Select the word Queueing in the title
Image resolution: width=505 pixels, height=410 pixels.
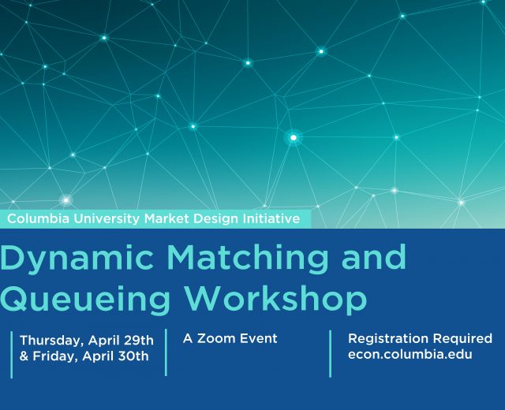pos(84,300)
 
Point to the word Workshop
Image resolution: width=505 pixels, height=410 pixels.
pos(275,300)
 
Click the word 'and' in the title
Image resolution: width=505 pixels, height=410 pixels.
pos(373,256)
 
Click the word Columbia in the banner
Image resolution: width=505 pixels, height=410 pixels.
pos(38,219)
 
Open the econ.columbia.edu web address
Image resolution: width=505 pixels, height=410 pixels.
pos(410,354)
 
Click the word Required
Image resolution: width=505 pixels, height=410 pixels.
pos(462,339)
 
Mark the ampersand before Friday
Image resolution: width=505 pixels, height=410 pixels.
pos(24,356)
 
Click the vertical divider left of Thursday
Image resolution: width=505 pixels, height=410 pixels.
pos(12,355)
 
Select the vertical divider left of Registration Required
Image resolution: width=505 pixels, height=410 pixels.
pos(330,354)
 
